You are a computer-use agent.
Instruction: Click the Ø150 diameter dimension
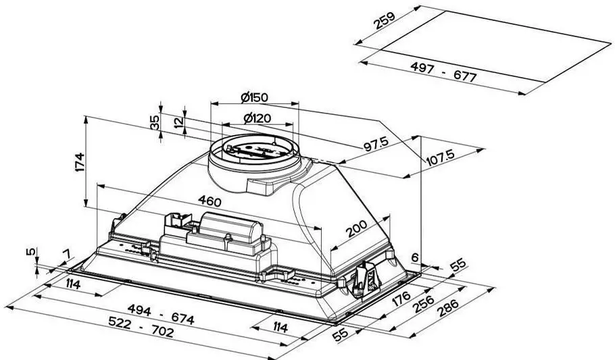[254, 97]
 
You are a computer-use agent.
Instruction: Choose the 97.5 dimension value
[373, 145]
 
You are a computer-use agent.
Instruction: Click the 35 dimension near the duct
[155, 122]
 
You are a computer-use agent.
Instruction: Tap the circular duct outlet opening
[253, 149]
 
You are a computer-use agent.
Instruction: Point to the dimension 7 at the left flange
[66, 254]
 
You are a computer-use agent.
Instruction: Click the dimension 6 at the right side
[414, 256]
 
